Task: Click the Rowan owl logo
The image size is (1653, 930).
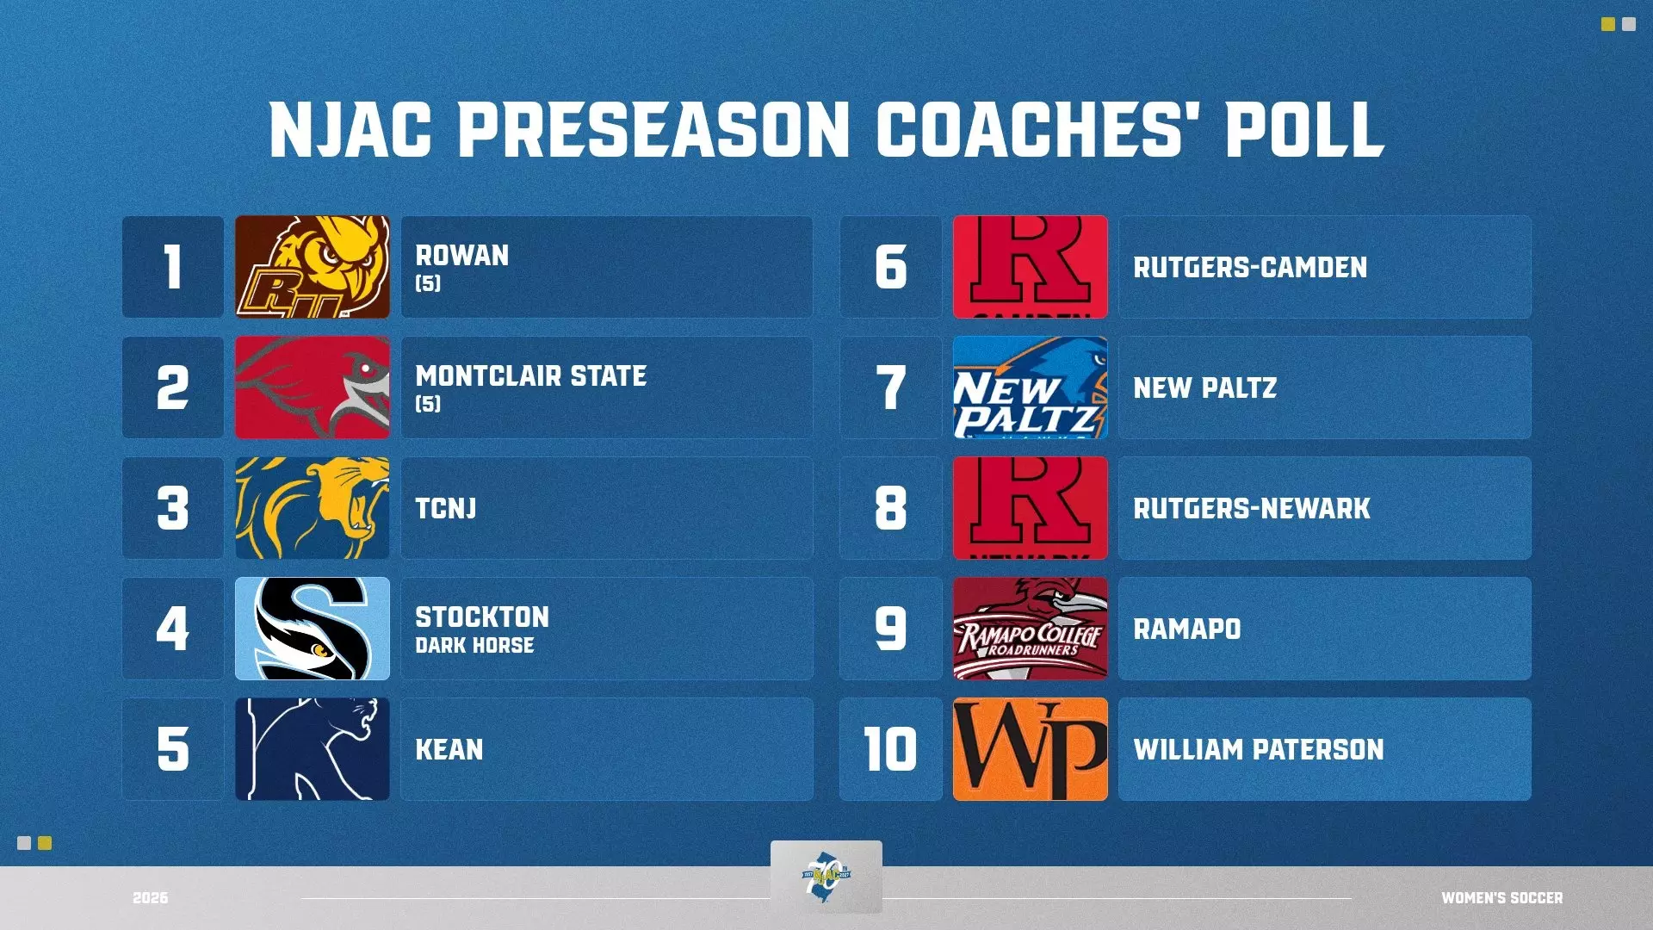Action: coord(313,267)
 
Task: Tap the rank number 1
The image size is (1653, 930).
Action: coord(173,267)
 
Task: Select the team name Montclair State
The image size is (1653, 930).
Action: coord(531,376)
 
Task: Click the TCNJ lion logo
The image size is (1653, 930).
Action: coord(313,508)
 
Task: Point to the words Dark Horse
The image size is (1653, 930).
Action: coord(474,646)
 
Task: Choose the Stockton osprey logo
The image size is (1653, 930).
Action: coord(313,629)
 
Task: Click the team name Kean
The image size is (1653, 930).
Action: coord(449,749)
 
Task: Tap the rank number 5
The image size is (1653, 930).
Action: coord(173,749)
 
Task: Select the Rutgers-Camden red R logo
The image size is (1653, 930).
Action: coord(1031,267)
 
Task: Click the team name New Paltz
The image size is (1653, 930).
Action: coord(1205,388)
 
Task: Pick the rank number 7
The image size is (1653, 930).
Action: coord(891,387)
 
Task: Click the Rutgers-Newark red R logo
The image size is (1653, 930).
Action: coord(1031,508)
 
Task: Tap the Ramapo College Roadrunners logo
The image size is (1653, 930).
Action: coord(1031,629)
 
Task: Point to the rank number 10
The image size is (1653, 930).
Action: coord(891,749)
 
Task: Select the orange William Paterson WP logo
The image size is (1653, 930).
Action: coord(1031,749)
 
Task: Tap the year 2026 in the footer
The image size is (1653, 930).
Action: coord(151,898)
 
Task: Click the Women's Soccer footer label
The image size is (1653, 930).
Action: coord(1502,898)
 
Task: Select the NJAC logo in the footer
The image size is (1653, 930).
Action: coord(826,877)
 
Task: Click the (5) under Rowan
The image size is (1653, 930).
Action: coord(428,283)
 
